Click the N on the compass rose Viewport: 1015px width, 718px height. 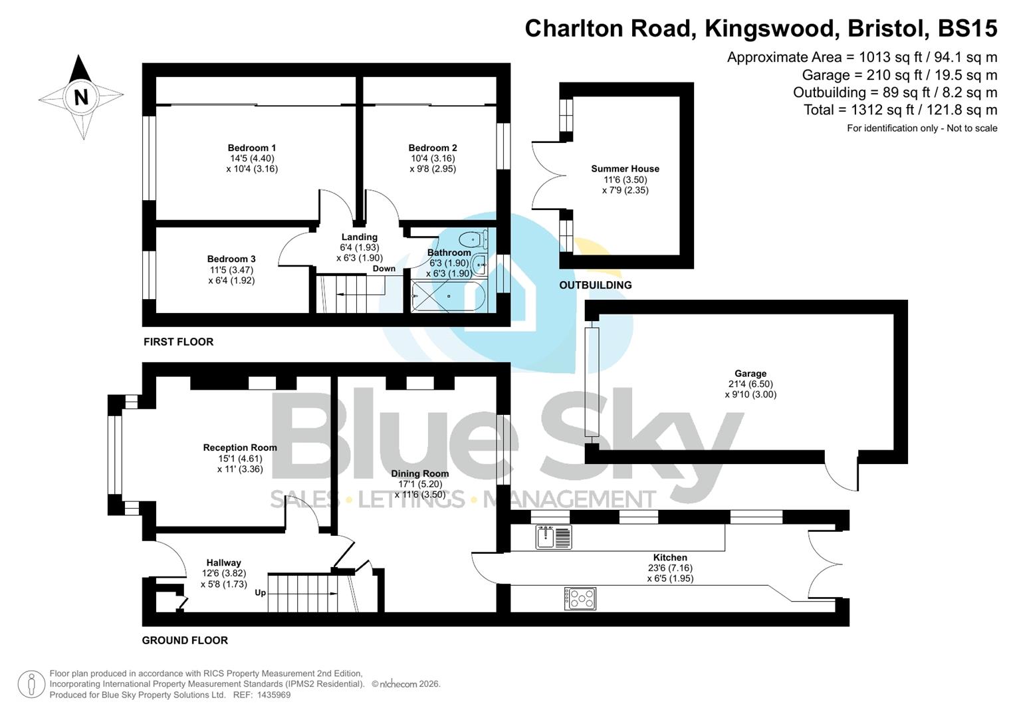point(81,98)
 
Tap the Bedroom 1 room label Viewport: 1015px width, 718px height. point(252,148)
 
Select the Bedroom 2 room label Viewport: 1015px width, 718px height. point(433,148)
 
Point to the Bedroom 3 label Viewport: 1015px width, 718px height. point(231,259)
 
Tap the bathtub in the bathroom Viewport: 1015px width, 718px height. point(449,296)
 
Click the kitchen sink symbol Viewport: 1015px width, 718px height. point(554,537)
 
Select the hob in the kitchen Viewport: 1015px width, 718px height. point(580,598)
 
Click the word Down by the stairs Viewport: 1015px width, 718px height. point(384,269)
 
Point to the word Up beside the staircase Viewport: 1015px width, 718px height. point(260,592)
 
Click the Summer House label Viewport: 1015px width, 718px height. point(625,169)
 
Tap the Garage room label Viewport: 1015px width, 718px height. point(750,374)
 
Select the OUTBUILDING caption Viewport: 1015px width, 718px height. point(595,285)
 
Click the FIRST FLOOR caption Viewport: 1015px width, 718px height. point(178,342)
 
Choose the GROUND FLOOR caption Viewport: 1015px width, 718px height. point(185,640)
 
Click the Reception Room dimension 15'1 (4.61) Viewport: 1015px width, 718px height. point(240,458)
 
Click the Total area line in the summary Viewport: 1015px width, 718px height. point(900,110)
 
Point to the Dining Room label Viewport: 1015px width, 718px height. point(419,473)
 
